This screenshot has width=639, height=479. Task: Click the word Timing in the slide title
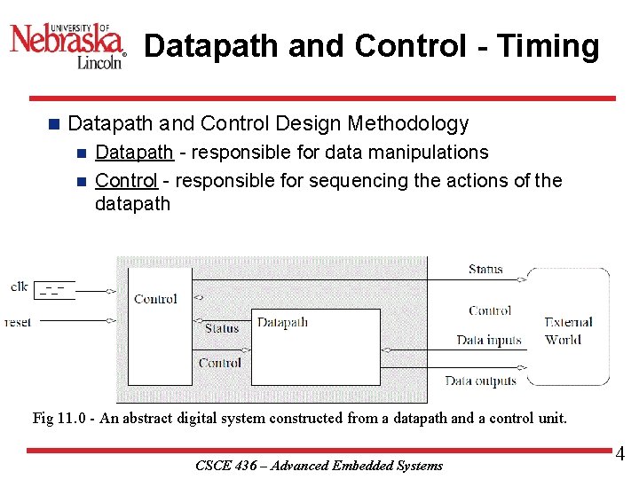pyautogui.click(x=549, y=46)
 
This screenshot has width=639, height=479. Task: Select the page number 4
pyautogui.click(x=620, y=454)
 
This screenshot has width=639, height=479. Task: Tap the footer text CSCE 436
pyautogui.click(x=223, y=466)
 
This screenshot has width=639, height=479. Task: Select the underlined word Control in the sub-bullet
pyautogui.click(x=126, y=181)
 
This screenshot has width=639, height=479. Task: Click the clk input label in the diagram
pyautogui.click(x=19, y=286)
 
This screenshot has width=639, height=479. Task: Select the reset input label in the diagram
pyautogui.click(x=17, y=322)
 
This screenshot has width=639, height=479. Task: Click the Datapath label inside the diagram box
pyautogui.click(x=282, y=322)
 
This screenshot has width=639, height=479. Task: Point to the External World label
pyautogui.click(x=568, y=330)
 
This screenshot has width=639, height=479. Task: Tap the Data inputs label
pyautogui.click(x=489, y=340)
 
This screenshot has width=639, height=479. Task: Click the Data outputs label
pyautogui.click(x=480, y=381)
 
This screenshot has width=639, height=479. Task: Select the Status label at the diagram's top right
pyautogui.click(x=485, y=269)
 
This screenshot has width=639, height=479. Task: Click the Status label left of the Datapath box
pyautogui.click(x=222, y=328)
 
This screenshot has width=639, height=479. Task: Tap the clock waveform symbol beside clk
pyautogui.click(x=55, y=289)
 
